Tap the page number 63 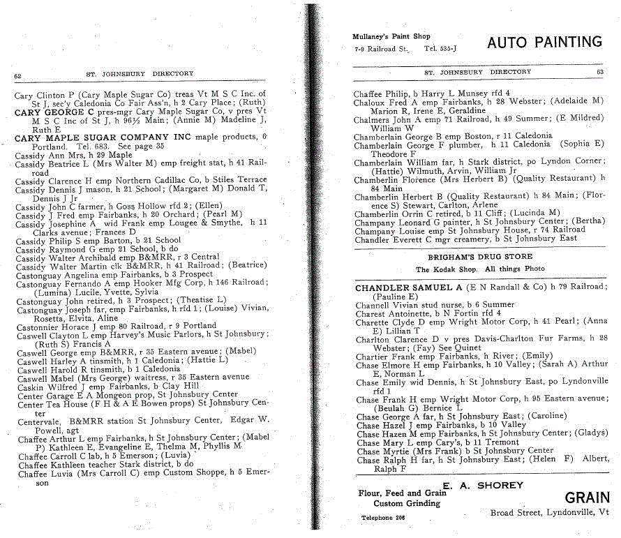[x=599, y=72]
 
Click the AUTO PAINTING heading [x=544, y=43]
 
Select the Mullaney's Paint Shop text [x=391, y=36]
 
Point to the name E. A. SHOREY [x=481, y=485]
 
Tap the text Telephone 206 [x=383, y=518]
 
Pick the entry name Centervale [x=38, y=421]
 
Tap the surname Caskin [x=29, y=386]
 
